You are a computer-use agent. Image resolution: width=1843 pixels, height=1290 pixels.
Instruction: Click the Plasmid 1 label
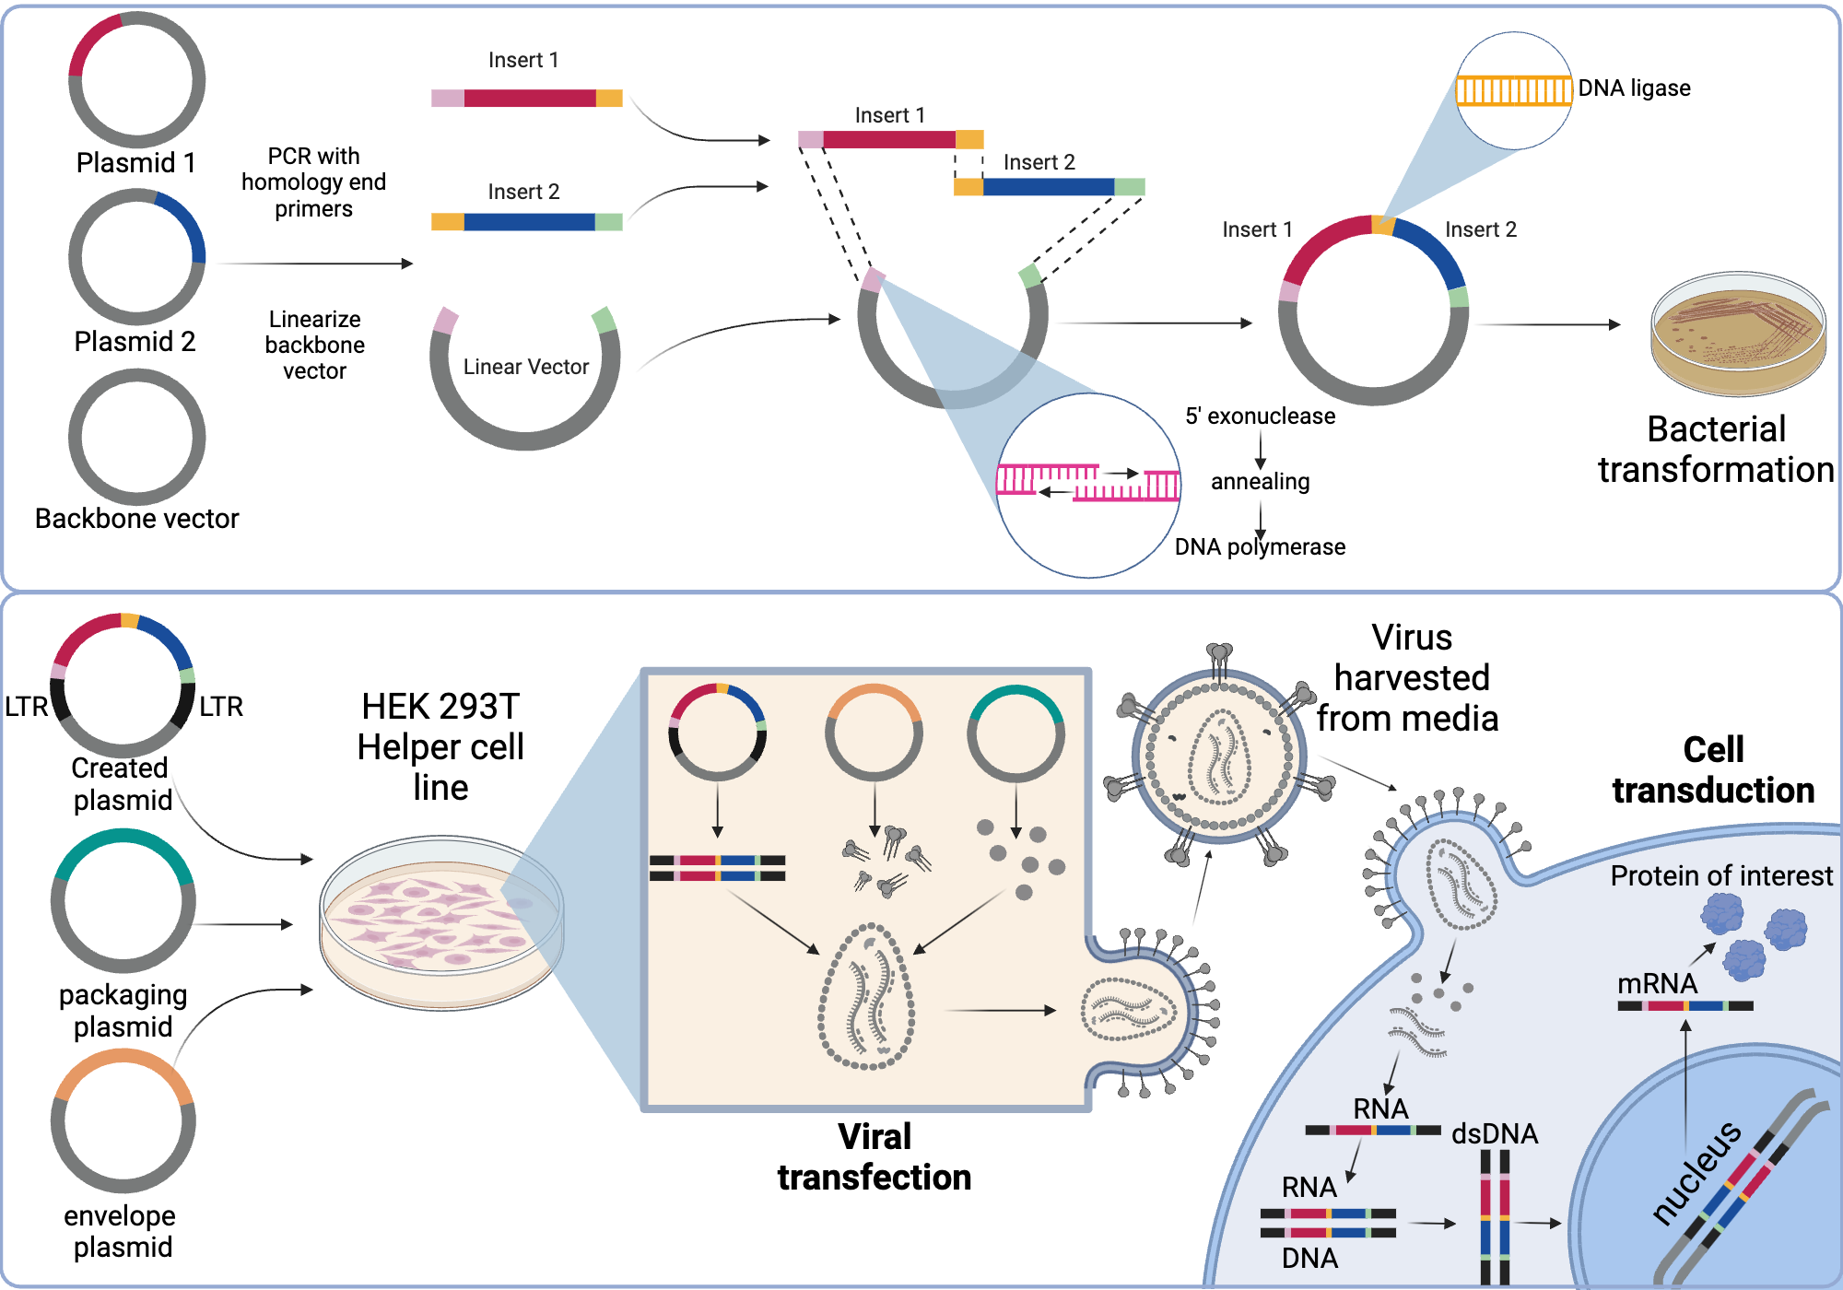coord(135,163)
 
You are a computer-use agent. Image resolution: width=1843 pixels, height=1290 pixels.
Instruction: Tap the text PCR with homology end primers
coord(313,182)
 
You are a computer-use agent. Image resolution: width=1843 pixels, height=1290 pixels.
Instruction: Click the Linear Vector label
coord(525,367)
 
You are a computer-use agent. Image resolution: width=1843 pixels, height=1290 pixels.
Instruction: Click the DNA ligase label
coord(1634,88)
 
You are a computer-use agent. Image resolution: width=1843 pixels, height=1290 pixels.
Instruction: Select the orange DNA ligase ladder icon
coord(1513,90)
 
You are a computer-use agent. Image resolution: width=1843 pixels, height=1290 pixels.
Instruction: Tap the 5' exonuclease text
coord(1260,416)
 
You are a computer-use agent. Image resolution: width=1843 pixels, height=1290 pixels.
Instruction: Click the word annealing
coord(1260,482)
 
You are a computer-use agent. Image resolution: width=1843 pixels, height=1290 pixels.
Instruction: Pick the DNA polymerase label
coord(1260,547)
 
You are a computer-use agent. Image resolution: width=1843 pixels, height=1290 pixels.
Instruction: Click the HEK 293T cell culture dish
coord(441,921)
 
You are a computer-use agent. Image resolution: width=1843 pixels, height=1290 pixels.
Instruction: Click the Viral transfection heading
coord(874,1157)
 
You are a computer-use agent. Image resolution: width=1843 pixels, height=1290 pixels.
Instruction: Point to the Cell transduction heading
coord(1713,770)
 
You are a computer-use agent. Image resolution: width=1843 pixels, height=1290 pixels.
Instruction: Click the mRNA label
coord(1657,984)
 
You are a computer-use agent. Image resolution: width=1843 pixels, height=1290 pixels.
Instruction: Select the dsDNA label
coord(1494,1134)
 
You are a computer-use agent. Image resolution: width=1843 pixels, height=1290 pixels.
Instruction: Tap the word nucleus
coord(1696,1172)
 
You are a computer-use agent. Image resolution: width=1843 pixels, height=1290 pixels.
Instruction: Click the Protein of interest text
coord(1720,876)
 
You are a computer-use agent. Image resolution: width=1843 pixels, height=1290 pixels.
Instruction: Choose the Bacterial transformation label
coord(1716,450)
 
